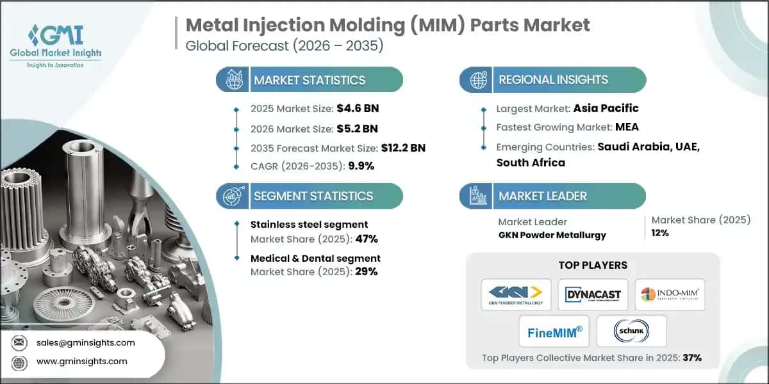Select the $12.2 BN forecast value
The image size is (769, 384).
pyautogui.click(x=404, y=148)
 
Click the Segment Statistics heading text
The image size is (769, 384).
pyautogui.click(x=313, y=196)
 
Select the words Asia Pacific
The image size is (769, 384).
pyautogui.click(x=606, y=108)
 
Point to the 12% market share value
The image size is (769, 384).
pyautogui.click(x=660, y=233)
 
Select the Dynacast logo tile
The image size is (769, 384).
pyautogui.click(x=593, y=294)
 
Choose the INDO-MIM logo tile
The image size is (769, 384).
pyautogui.click(x=670, y=294)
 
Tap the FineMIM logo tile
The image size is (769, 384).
pyautogui.click(x=554, y=331)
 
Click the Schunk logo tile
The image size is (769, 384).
pyautogui.click(x=631, y=331)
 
